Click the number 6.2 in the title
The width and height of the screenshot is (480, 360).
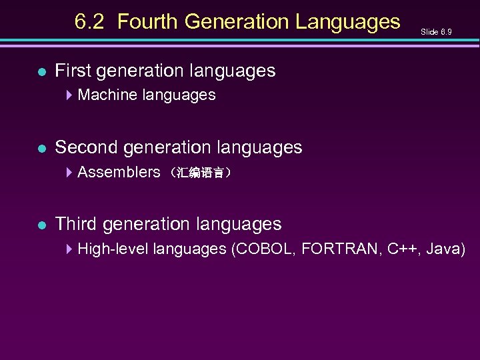click(x=89, y=22)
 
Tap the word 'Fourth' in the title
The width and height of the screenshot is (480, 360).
click(x=148, y=22)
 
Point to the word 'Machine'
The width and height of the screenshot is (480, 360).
click(x=105, y=95)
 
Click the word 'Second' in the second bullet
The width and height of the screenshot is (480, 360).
click(x=82, y=147)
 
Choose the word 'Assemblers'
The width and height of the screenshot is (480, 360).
click(x=119, y=172)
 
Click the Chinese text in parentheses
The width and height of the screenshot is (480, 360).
click(x=200, y=173)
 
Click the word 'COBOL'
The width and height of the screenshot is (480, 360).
click(x=263, y=249)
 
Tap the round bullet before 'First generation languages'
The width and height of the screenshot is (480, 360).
click(x=41, y=71)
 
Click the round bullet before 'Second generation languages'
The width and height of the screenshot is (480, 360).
click(x=41, y=147)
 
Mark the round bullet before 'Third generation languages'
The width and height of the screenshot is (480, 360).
click(x=41, y=225)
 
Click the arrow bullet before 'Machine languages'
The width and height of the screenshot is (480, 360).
click(x=69, y=95)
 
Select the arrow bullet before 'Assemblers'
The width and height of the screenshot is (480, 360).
click(x=69, y=172)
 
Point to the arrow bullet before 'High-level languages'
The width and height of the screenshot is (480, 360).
click(x=69, y=249)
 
